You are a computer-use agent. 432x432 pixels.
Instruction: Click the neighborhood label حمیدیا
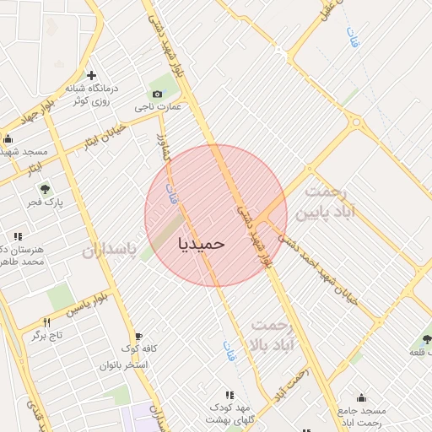click(202, 243)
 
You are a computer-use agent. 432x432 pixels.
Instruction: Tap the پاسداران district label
click(110, 251)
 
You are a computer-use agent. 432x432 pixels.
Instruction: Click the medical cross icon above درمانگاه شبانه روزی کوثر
click(91, 76)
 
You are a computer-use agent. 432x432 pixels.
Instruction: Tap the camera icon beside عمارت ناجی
click(156, 94)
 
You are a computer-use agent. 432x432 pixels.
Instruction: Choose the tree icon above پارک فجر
click(45, 190)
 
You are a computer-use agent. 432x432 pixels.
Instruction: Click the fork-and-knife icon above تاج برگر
click(47, 322)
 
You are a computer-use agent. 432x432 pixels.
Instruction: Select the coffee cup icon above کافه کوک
click(138, 336)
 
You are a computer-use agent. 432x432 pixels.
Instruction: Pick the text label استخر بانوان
click(124, 365)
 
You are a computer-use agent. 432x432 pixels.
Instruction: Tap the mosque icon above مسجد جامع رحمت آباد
click(361, 398)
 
